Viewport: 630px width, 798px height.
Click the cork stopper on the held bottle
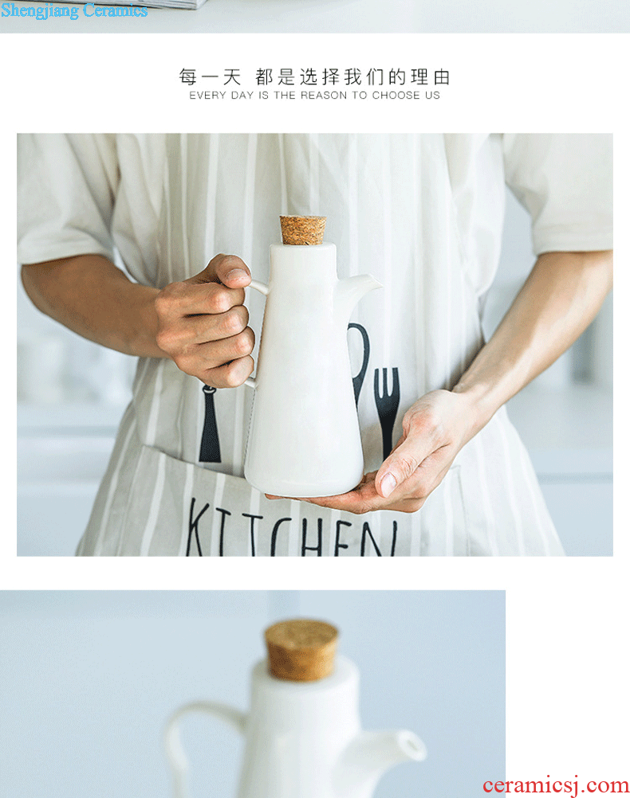[x=303, y=230]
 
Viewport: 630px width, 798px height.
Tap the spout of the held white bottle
[x=360, y=286]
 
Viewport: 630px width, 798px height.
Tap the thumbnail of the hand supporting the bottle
[x=388, y=484]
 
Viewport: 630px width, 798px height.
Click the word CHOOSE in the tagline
[x=396, y=95]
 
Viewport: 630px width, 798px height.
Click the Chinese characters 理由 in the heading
[x=431, y=77]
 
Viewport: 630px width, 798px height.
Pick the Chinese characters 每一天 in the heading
[x=210, y=77]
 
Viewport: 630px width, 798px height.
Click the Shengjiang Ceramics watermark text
[x=74, y=10]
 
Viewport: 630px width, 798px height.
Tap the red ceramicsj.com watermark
[x=556, y=786]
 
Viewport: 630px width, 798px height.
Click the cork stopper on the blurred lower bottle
[x=301, y=649]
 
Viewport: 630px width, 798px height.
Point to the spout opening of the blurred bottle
[x=413, y=745]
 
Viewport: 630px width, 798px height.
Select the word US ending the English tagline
[x=433, y=95]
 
